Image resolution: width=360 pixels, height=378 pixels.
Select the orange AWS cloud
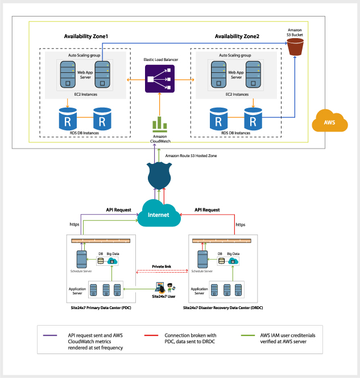329,121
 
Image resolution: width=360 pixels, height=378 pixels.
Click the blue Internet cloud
159,213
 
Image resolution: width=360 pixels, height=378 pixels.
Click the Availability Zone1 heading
86,36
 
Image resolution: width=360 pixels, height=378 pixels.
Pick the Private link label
162,266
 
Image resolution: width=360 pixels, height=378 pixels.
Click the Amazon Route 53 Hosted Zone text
191,155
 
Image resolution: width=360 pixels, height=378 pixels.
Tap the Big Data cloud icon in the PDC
113,261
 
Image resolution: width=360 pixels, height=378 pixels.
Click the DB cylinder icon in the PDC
101,261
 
